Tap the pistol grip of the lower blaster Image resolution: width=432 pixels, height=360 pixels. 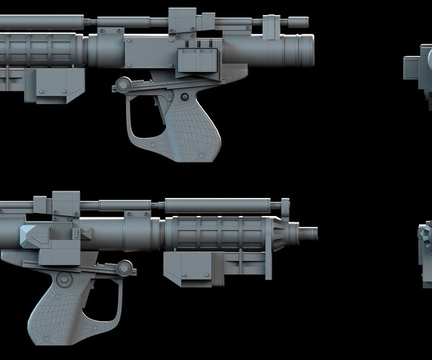(61, 305)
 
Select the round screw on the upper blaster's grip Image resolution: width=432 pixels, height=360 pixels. (184, 96)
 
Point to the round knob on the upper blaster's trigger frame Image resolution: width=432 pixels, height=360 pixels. (125, 84)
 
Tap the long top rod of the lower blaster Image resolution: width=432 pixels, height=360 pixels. (216, 204)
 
